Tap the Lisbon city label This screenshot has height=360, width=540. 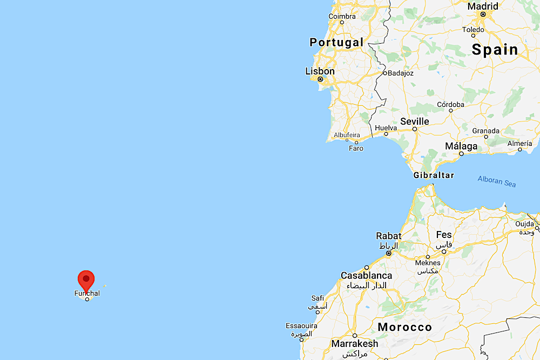click(x=320, y=71)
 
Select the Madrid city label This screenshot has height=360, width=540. click(x=483, y=6)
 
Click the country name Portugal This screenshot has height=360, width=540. click(x=336, y=42)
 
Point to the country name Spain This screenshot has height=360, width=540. click(x=495, y=50)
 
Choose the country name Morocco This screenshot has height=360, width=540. click(x=405, y=327)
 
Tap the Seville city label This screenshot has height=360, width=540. click(x=415, y=121)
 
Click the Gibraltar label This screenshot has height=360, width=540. click(x=434, y=175)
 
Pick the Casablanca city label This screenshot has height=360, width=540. click(x=366, y=275)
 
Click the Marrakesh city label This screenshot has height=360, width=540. click(x=355, y=343)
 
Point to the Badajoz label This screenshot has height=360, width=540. click(x=400, y=73)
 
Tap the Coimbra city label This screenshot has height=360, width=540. click(x=342, y=16)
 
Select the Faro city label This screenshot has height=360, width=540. click(x=356, y=148)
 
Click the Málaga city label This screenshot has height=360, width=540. click(x=461, y=146)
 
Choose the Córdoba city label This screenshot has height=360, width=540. click(x=450, y=104)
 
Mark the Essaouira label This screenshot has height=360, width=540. click(x=302, y=326)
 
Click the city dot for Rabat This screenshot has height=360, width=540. click(x=388, y=253)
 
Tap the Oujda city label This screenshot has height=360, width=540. click(x=525, y=223)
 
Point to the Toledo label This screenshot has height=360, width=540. click(x=474, y=30)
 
